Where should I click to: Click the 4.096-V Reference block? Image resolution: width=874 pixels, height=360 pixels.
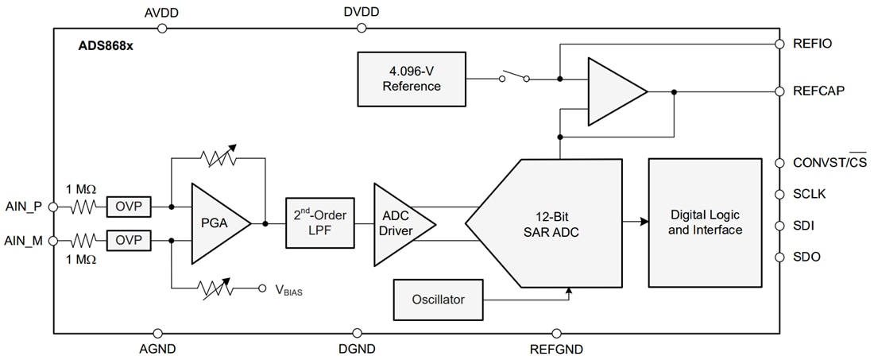(x=412, y=79)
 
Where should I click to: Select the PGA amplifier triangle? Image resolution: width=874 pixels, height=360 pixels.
(x=214, y=223)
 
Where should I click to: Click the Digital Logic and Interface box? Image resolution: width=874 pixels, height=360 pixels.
(x=705, y=223)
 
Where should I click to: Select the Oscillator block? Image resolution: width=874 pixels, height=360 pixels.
(x=439, y=300)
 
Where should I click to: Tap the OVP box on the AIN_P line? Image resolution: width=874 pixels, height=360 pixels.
(x=128, y=207)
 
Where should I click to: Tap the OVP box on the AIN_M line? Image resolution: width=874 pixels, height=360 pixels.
(x=128, y=240)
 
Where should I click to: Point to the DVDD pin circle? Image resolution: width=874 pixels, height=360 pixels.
(x=362, y=28)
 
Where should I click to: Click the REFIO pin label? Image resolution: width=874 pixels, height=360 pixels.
(x=812, y=44)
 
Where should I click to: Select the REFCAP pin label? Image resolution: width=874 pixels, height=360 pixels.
(x=818, y=91)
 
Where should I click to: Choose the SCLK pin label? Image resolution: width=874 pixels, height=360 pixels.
(x=810, y=194)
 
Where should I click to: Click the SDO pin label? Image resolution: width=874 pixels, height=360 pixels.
(x=806, y=257)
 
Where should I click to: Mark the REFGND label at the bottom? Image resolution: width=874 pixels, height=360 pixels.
(x=556, y=349)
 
